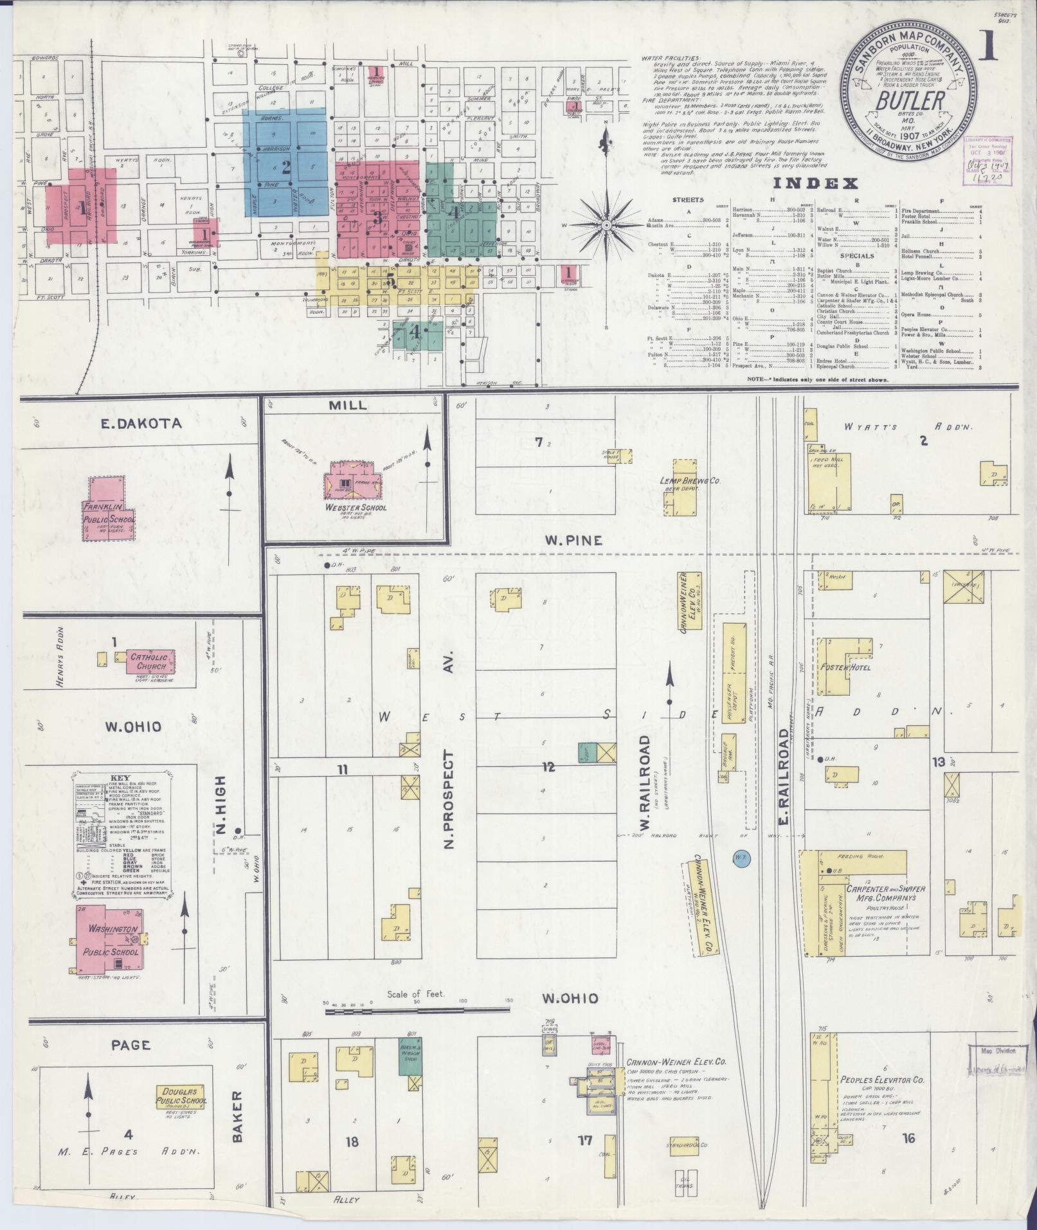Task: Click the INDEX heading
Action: coord(815,183)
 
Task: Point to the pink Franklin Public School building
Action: coord(109,509)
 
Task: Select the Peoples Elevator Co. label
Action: coord(881,1081)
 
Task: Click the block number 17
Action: coord(584,1141)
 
